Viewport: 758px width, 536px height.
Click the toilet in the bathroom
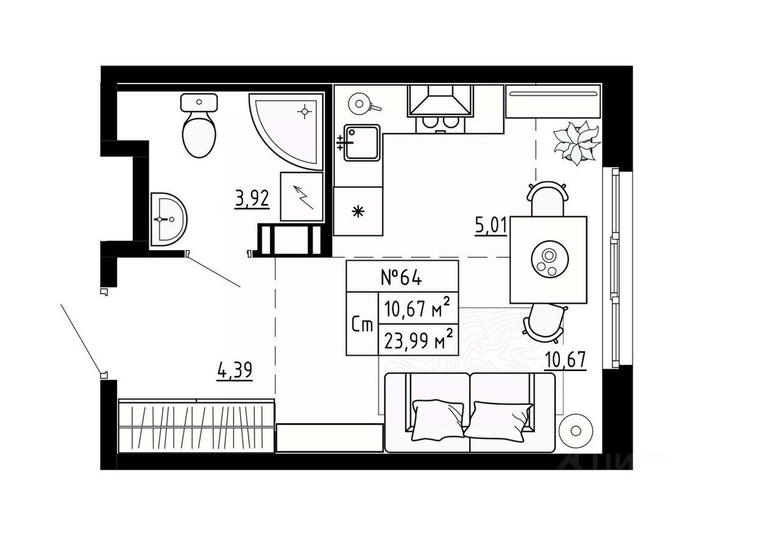click(199, 132)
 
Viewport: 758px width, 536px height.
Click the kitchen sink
click(362, 143)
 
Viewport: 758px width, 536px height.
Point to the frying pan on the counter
click(360, 104)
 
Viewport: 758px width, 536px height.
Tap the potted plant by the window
click(576, 143)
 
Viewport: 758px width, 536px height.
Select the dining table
click(548, 259)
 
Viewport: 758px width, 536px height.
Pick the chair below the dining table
click(544, 322)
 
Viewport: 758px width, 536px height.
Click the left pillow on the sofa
click(437, 418)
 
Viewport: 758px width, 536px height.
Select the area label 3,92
click(252, 198)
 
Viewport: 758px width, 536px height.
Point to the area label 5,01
click(491, 226)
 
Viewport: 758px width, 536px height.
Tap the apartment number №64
click(402, 277)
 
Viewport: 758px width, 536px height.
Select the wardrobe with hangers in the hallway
click(196, 426)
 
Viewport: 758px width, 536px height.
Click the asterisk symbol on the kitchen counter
click(358, 212)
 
